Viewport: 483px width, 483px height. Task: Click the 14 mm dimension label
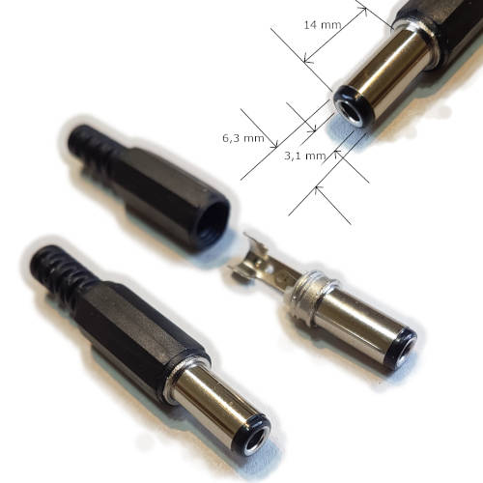323,25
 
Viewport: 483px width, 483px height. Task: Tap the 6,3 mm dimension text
243,138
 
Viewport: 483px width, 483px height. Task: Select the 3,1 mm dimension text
305,156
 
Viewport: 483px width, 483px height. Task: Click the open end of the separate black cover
213,222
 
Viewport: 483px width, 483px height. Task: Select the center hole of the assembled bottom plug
254,442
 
